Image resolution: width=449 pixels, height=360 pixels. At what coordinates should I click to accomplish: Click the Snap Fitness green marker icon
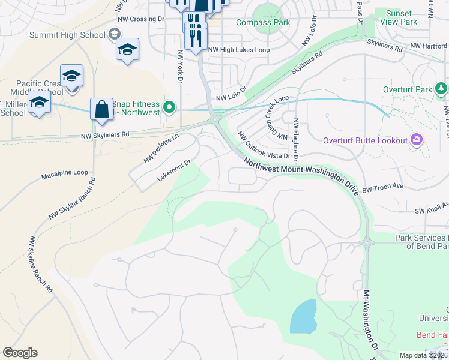click(170, 108)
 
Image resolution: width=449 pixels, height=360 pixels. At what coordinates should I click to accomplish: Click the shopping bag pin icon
click(102, 110)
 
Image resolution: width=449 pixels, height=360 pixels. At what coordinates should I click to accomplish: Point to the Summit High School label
click(67, 35)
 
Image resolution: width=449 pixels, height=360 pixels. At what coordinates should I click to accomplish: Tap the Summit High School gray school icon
click(113, 35)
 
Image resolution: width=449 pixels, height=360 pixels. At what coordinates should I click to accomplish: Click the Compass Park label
click(263, 23)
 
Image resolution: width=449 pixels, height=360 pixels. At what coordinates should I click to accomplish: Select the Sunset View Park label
click(399, 17)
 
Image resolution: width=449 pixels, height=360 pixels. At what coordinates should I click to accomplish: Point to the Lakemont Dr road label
click(173, 170)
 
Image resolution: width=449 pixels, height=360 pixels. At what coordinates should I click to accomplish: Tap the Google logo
click(20, 353)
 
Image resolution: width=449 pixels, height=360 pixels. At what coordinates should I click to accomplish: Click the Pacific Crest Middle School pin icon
click(71, 76)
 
